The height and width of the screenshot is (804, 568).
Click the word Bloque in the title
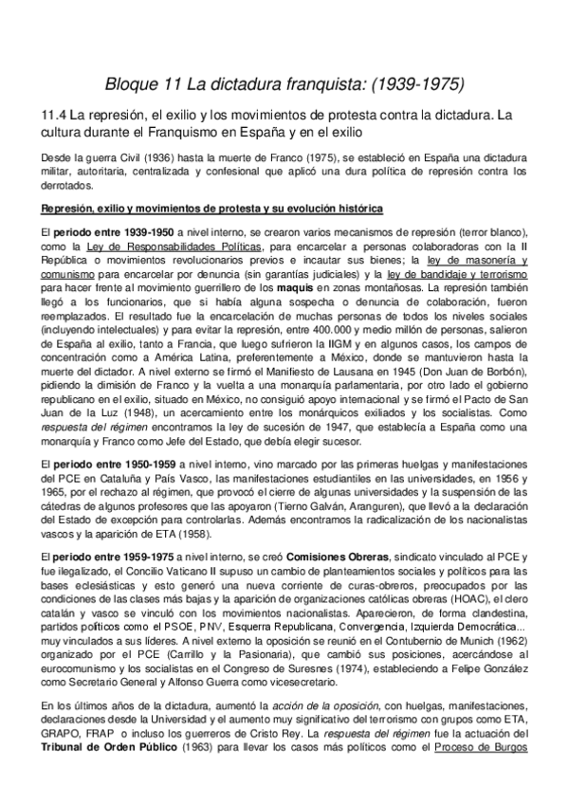[x=131, y=84]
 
